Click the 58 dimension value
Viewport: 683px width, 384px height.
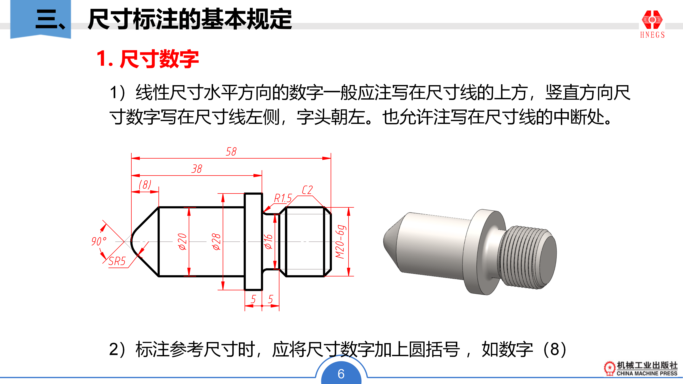[x=231, y=152]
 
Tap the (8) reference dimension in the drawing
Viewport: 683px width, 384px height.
[x=145, y=185]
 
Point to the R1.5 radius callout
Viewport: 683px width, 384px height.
[x=283, y=198]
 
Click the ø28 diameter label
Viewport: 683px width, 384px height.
[x=216, y=242]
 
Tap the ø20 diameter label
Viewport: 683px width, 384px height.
[x=182, y=242]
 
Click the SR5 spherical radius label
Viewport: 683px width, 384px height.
[x=117, y=261]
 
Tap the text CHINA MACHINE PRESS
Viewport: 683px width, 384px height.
[x=647, y=373]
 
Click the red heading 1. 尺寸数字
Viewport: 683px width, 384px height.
[x=148, y=59]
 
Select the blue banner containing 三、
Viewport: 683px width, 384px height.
[x=41, y=19]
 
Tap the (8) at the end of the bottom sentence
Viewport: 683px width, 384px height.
[x=555, y=350]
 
